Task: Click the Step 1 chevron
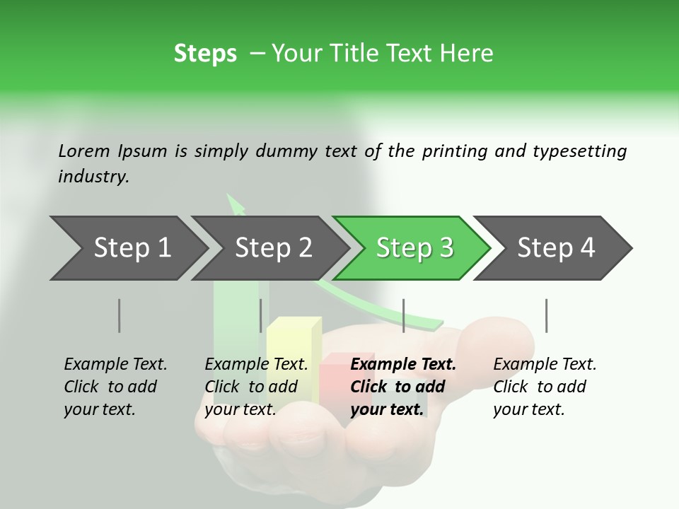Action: coord(124,248)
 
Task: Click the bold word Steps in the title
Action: coord(205,53)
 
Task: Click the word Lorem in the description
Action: coord(84,151)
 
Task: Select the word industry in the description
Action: coord(93,177)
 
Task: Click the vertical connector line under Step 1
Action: coord(119,315)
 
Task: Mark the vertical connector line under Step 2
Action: coord(261,315)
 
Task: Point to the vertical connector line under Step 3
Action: coord(403,315)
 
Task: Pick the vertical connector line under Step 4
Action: coord(546,315)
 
